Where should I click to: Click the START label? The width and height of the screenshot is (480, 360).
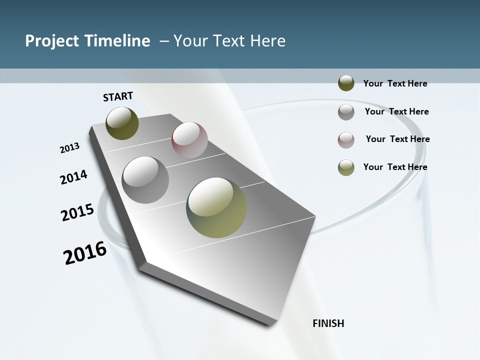tap(118, 96)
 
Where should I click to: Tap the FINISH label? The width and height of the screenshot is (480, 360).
tap(328, 323)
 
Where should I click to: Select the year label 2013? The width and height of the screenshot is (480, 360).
tap(70, 148)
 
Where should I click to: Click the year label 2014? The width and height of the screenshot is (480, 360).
tap(74, 177)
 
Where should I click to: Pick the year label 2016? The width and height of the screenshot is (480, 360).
tap(85, 253)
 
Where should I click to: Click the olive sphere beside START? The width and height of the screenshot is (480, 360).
tap(122, 123)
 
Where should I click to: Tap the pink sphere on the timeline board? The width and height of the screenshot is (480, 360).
tap(189, 139)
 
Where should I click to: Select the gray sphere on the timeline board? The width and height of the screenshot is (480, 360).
tap(145, 179)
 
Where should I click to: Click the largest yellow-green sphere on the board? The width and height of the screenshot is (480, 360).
tap(216, 207)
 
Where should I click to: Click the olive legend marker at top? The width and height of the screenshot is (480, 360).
tap(346, 83)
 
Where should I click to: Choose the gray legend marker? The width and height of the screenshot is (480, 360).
tap(346, 112)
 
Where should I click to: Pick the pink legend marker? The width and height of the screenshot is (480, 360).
tap(346, 140)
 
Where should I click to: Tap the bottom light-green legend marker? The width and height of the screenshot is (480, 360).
tap(346, 167)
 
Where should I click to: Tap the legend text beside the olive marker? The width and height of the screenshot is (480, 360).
tap(395, 83)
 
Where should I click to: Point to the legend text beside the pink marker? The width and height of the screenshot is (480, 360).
tap(397, 139)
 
